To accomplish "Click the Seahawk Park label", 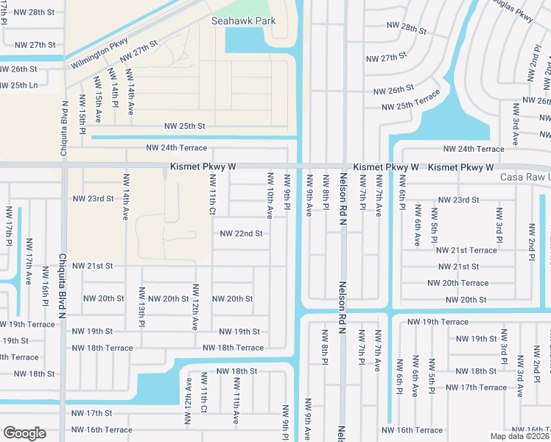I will pyautogui.click(x=243, y=21).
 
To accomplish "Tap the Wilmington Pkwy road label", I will pyautogui.click(x=99, y=54).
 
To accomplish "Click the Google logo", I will pyautogui.click(x=24, y=433).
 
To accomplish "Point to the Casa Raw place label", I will pyautogui.click(x=524, y=178).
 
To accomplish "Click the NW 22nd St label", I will pyautogui.click(x=241, y=234).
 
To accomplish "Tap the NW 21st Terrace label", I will pyautogui.click(x=468, y=250).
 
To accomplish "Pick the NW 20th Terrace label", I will pyautogui.click(x=457, y=283).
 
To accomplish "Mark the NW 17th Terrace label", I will pyautogui.click(x=476, y=387).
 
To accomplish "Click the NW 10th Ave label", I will pyautogui.click(x=270, y=196).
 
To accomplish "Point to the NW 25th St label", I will pyautogui.click(x=184, y=127).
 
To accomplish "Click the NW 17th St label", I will pyautogui.click(x=94, y=413).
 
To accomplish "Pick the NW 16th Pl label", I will pyautogui.click(x=46, y=292).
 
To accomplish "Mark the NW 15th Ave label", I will pyautogui.click(x=96, y=91).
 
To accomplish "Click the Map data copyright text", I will pyautogui.click(x=519, y=436).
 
